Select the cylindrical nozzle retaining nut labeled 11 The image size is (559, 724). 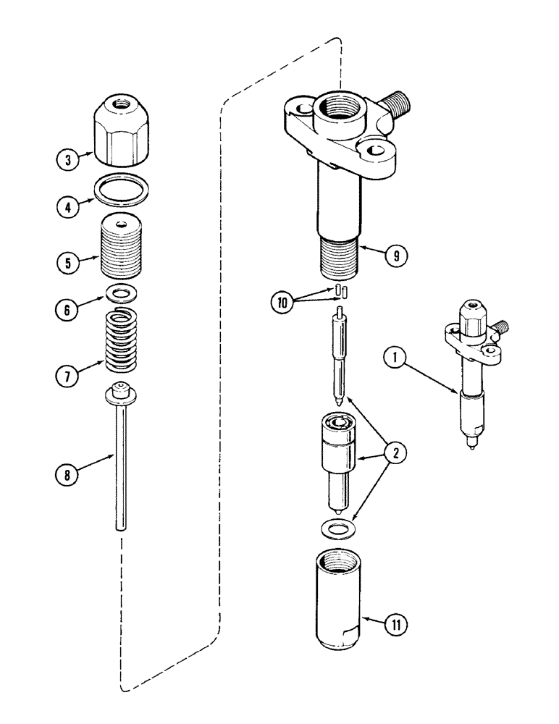[339, 613]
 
